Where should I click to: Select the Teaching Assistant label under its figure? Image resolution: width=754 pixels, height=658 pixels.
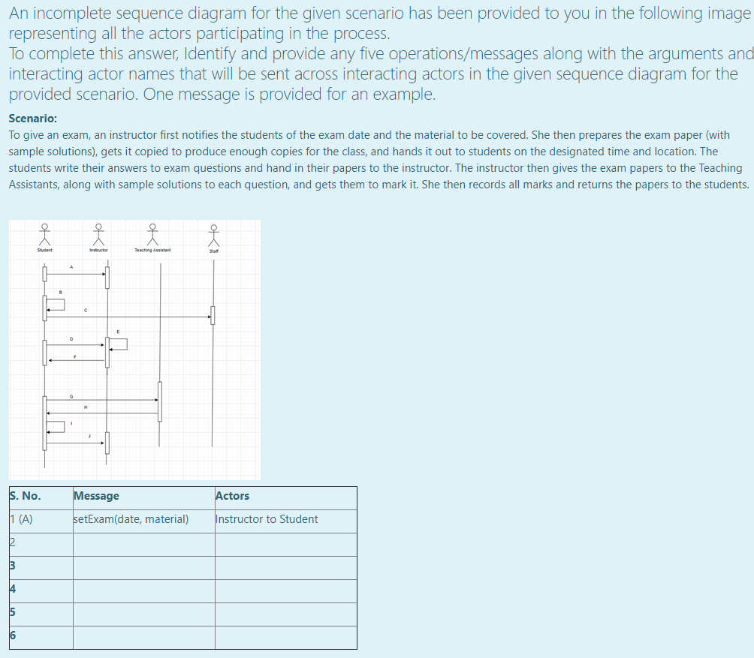(x=152, y=250)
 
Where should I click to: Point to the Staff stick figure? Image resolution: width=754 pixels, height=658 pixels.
(x=214, y=236)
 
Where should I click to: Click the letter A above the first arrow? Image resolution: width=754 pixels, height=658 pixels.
(x=72, y=267)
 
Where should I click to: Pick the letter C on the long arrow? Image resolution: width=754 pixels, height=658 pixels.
(x=86, y=309)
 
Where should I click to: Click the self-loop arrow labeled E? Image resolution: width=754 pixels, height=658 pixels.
(x=119, y=344)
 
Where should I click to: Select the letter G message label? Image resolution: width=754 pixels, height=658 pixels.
(x=71, y=395)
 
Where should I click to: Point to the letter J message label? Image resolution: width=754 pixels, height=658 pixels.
(x=89, y=436)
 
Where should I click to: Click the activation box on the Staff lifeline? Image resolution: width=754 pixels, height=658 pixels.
(x=213, y=315)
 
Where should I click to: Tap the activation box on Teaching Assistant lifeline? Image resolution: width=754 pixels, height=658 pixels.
(x=159, y=401)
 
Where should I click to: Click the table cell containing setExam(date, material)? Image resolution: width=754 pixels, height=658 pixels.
(x=131, y=519)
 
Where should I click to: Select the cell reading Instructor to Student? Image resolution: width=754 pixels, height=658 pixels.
(x=267, y=519)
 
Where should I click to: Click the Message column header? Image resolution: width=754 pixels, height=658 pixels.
(x=97, y=496)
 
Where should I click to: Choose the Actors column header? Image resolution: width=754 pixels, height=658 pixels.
(x=233, y=496)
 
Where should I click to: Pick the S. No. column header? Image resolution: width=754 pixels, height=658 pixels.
(x=26, y=496)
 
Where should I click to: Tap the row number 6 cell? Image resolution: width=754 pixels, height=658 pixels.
(x=13, y=635)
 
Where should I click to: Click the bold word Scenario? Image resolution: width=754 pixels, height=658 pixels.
(x=33, y=119)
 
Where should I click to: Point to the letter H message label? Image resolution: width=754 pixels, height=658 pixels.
(x=86, y=407)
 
